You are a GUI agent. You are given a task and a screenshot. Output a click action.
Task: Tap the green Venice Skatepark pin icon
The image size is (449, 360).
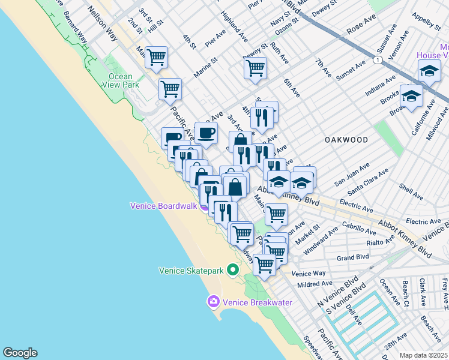tap(234, 271)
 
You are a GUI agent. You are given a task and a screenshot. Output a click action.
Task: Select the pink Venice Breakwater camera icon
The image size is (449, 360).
tap(212, 302)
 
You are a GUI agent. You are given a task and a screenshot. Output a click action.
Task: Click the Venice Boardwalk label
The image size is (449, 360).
tap(163, 206)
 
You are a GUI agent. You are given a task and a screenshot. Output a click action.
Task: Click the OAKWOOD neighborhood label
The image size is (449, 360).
tap(346, 139)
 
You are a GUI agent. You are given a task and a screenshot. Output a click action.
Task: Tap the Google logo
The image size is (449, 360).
tap(20, 353)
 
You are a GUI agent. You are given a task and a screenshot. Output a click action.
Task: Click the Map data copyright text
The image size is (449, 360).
tap(424, 355)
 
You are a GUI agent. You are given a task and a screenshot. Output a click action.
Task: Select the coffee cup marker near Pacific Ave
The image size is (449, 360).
tap(206, 133)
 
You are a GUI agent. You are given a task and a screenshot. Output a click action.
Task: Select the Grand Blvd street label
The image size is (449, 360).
tap(352, 258)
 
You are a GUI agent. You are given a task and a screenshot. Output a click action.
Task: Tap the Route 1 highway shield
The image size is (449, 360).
tap(376, 60)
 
